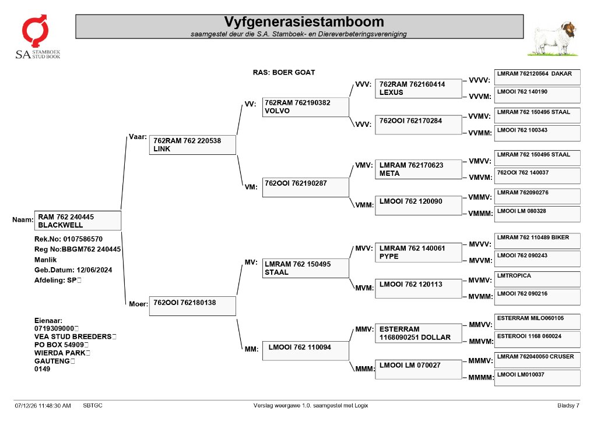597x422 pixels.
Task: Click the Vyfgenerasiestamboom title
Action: pyautogui.click(x=304, y=22)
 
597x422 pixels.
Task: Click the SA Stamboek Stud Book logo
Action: pyautogui.click(x=37, y=37)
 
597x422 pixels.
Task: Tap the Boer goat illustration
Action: pyautogui.click(x=553, y=39)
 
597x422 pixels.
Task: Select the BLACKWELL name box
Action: pyautogui.click(x=78, y=221)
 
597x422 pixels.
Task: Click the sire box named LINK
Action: pyautogui.click(x=192, y=145)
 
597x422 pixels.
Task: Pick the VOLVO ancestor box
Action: pyautogui.click(x=305, y=107)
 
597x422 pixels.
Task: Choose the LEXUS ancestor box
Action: pyautogui.click(x=419, y=88)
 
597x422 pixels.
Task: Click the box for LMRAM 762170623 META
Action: pyautogui.click(x=419, y=169)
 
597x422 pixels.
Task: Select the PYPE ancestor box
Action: pyautogui.click(x=419, y=253)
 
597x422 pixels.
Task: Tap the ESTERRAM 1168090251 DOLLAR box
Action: pyautogui.click(x=419, y=334)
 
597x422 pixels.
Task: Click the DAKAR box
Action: pyautogui.click(x=537, y=77)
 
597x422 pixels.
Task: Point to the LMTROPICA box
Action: pyautogui.click(x=537, y=279)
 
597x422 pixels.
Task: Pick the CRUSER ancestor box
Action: pyautogui.click(x=537, y=360)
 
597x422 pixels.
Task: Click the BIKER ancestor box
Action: pyautogui.click(x=537, y=241)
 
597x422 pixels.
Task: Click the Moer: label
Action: pyautogui.click(x=138, y=304)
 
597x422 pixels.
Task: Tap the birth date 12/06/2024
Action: pyautogui.click(x=94, y=270)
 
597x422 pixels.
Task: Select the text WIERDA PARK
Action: pyautogui.click(x=60, y=353)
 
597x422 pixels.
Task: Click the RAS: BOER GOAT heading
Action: pyautogui.click(x=284, y=72)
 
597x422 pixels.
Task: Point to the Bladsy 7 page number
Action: pyautogui.click(x=568, y=406)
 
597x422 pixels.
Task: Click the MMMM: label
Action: pyautogui.click(x=481, y=378)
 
